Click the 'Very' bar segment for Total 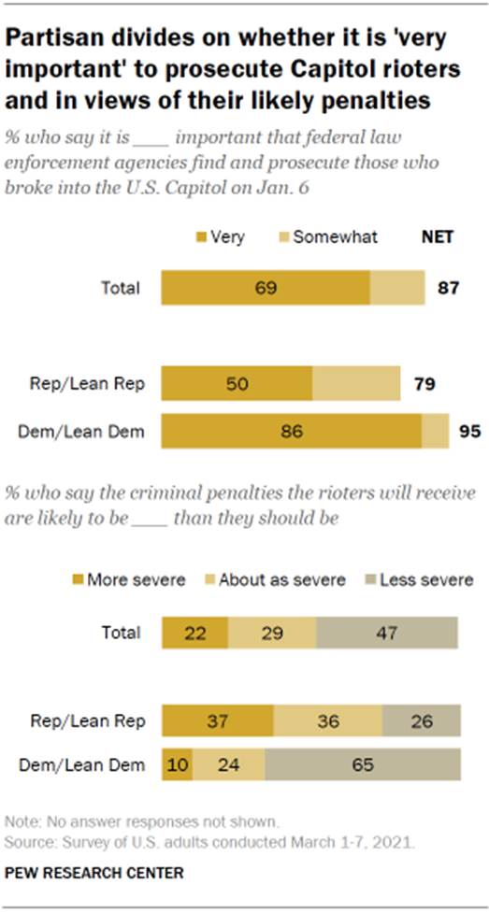pyautogui.click(x=266, y=287)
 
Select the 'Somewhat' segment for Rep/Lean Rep pyautogui.click(x=355, y=383)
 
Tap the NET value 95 pyautogui.click(x=469, y=432)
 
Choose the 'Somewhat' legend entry pyautogui.click(x=326, y=236)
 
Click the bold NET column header pyautogui.click(x=437, y=236)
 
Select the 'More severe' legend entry pyautogui.click(x=128, y=578)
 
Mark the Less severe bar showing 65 pyautogui.click(x=363, y=764)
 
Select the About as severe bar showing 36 pyautogui.click(x=327, y=722)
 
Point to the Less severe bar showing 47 pyautogui.click(x=387, y=633)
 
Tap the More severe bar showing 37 pyautogui.click(x=218, y=722)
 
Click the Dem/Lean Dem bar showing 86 pyautogui.click(x=292, y=432)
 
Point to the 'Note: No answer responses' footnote pyautogui.click(x=140, y=822)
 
